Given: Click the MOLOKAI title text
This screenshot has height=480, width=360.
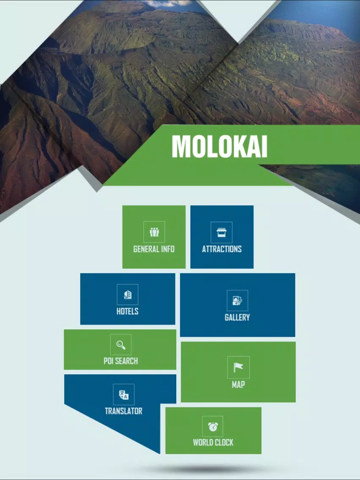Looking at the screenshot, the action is click(219, 146).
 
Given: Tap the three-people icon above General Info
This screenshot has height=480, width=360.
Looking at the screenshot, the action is click(154, 232).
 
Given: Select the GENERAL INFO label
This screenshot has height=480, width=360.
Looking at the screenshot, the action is click(154, 249).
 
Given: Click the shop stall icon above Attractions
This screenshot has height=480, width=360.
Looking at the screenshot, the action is click(222, 232).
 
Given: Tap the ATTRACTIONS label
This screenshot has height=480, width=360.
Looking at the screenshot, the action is click(222, 249).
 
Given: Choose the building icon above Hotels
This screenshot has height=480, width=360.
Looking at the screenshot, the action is click(128, 295).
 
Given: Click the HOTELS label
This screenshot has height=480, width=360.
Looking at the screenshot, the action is click(127, 311).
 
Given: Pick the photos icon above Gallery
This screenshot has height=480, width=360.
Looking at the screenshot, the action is click(237, 300).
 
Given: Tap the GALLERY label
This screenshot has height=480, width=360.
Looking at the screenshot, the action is click(237, 317).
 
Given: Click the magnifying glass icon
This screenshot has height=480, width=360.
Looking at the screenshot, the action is click(121, 345).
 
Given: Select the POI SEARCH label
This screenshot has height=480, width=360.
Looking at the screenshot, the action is click(120, 361).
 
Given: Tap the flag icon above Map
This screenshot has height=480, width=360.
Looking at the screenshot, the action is click(238, 367).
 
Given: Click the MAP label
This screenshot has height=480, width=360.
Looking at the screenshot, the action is click(238, 385).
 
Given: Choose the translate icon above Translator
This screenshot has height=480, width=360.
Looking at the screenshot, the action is click(124, 395).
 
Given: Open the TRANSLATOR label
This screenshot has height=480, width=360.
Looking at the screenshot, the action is click(123, 411).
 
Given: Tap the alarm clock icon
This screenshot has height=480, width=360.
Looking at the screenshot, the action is click(213, 426).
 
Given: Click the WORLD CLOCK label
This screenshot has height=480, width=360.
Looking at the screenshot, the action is click(213, 442).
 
